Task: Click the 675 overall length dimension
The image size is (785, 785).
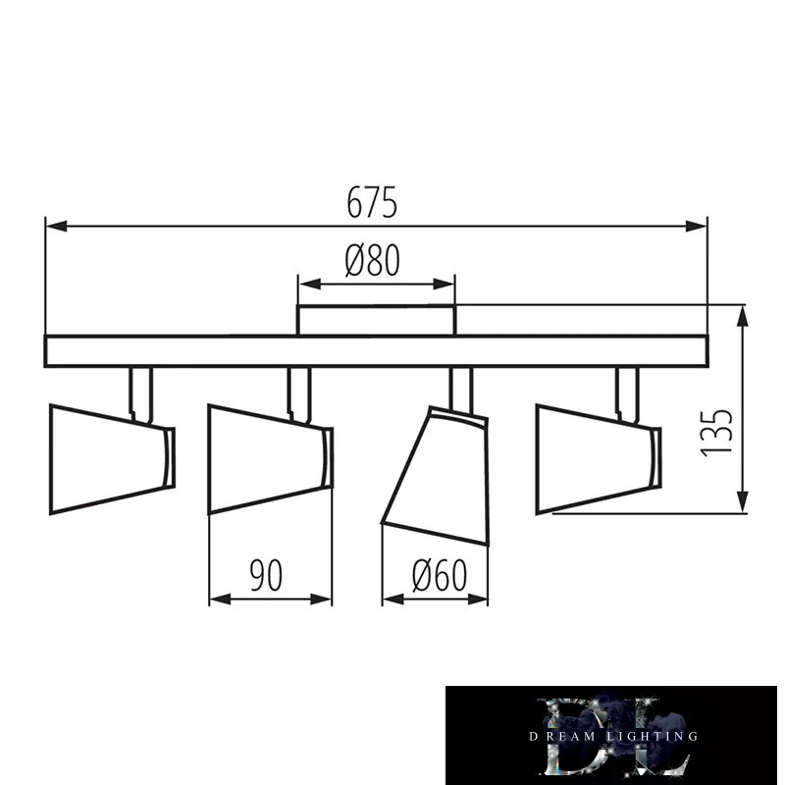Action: pyautogui.click(x=372, y=202)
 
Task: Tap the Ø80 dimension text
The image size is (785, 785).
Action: pyautogui.click(x=373, y=260)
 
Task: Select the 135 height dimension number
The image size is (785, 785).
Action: pyautogui.click(x=716, y=433)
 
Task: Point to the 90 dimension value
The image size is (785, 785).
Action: pyautogui.click(x=266, y=575)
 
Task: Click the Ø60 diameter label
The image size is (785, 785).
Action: pyautogui.click(x=439, y=575)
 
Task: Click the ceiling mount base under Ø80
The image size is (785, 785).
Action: pyautogui.click(x=376, y=321)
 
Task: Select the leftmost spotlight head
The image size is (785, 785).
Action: pyautogui.click(x=112, y=459)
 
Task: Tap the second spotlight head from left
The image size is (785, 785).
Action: pyautogui.click(x=271, y=459)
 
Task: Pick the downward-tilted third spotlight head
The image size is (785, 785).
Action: pyautogui.click(x=435, y=476)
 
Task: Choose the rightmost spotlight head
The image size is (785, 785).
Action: pyautogui.click(x=599, y=459)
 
